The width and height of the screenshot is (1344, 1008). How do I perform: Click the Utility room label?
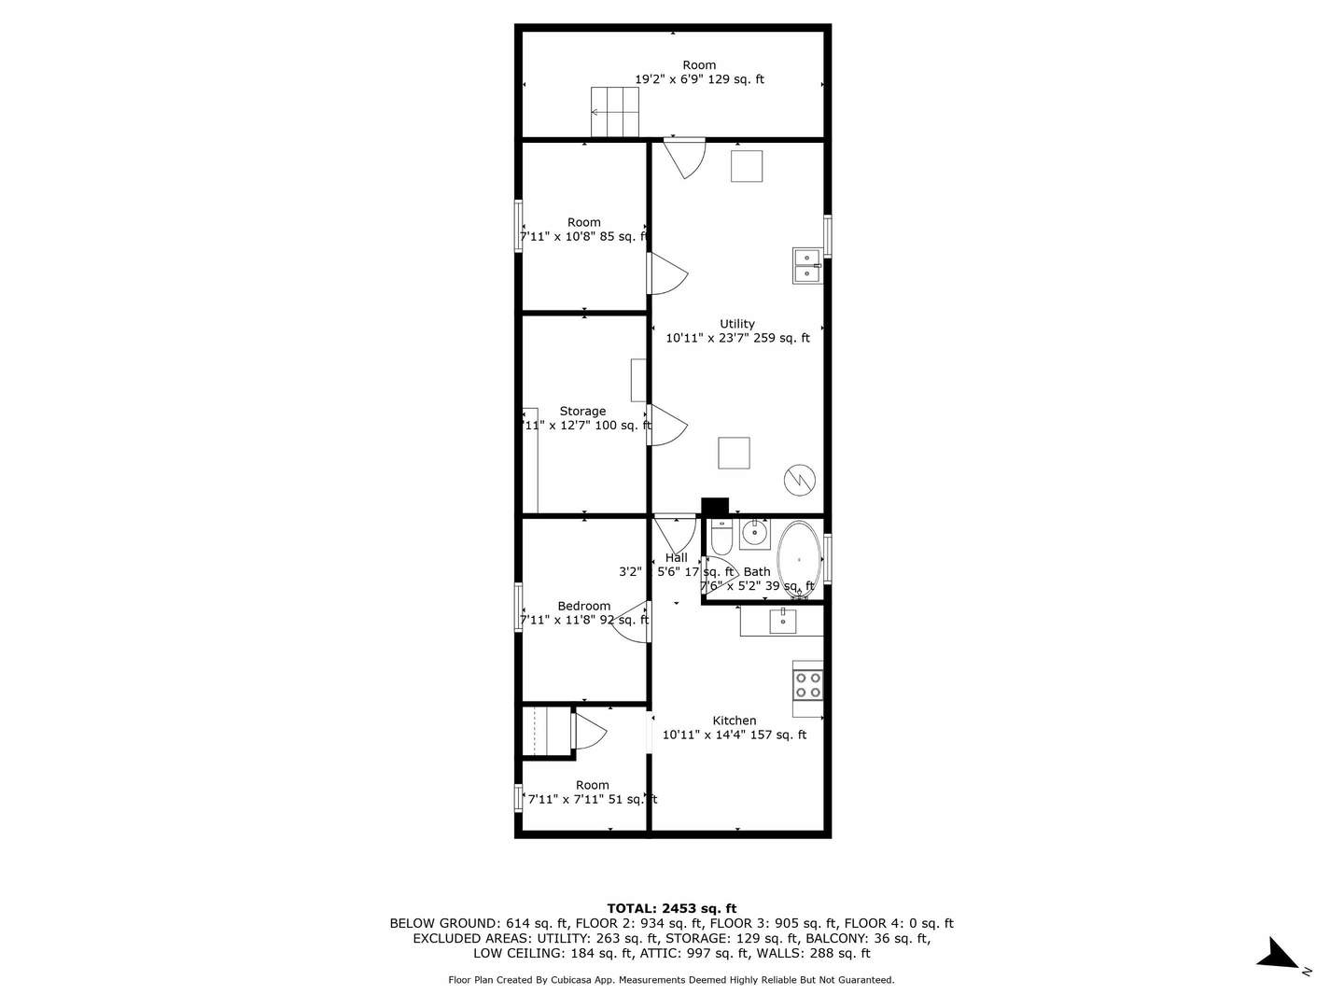click(736, 324)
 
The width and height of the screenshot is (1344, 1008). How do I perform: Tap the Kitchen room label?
click(735, 721)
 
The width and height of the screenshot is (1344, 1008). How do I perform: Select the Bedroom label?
click(583, 606)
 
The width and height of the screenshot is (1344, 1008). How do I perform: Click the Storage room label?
click(582, 411)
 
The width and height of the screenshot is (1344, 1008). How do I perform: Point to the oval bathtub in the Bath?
click(799, 560)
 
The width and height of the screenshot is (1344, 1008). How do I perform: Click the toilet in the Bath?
click(721, 538)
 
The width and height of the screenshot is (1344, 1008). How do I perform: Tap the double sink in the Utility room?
click(806, 265)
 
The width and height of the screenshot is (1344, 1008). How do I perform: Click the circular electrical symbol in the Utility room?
click(800, 480)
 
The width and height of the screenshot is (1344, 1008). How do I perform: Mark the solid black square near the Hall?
click(715, 506)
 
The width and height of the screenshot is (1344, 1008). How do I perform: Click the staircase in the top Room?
click(615, 113)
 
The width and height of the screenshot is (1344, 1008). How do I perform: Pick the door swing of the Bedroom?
click(632, 623)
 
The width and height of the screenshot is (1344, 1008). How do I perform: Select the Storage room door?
click(666, 426)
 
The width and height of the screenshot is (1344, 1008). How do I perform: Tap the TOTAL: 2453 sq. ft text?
click(671, 908)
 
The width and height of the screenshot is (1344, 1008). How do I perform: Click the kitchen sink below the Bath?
click(781, 620)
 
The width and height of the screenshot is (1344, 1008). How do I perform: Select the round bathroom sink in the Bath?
click(754, 535)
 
